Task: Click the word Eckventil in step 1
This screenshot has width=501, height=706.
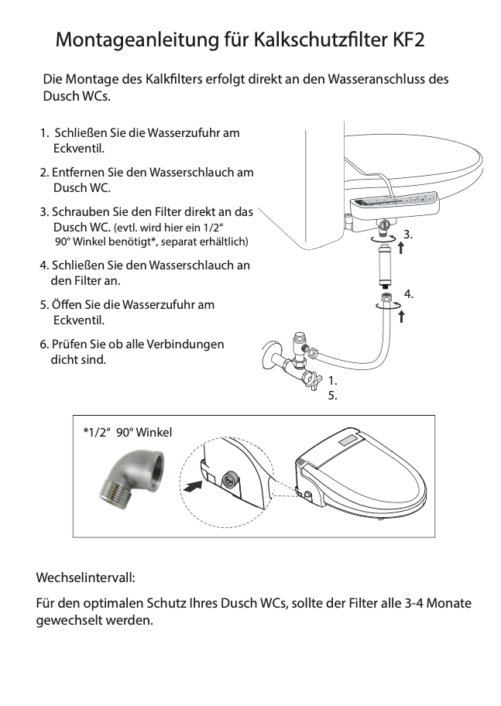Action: (78, 148)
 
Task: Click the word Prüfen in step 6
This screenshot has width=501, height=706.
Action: (70, 344)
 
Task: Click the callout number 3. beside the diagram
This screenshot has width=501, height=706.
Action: (408, 234)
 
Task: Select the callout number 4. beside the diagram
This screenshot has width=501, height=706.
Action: (408, 293)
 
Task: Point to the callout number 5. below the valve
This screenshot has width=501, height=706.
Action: (333, 396)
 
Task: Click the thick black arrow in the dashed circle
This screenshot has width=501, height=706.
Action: (193, 485)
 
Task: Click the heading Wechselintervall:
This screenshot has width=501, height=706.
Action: (85, 578)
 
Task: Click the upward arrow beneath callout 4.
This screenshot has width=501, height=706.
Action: (402, 316)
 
